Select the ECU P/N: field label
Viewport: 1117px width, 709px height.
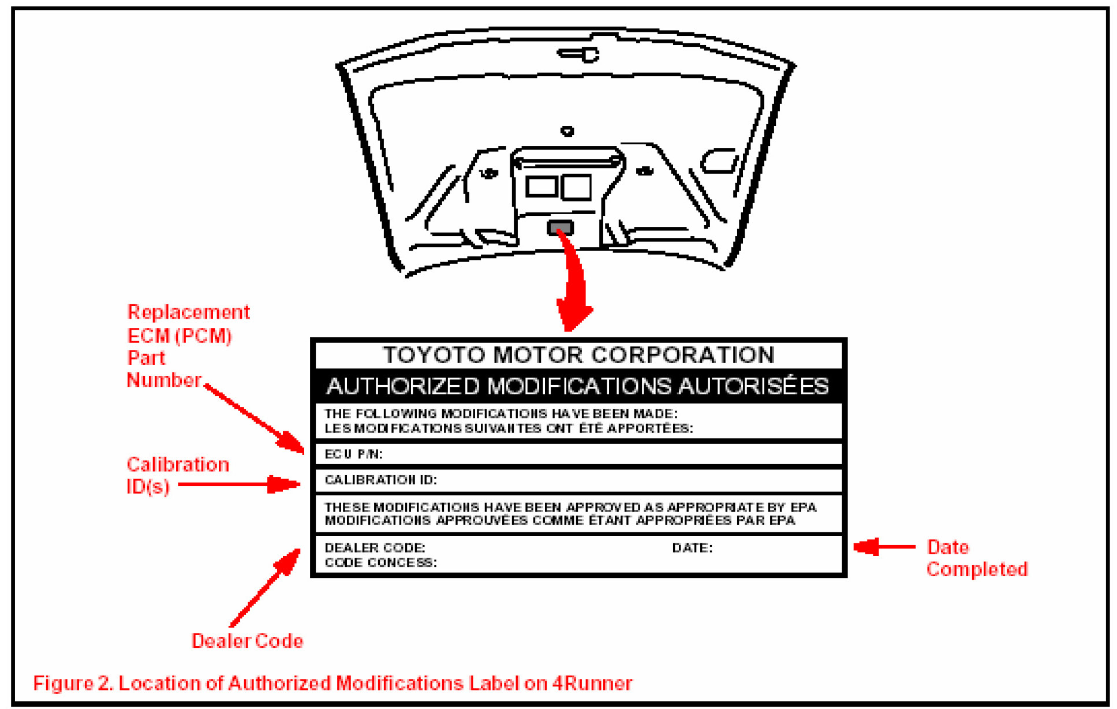353,454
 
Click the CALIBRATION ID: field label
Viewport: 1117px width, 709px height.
380,480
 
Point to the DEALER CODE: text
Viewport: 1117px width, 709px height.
375,547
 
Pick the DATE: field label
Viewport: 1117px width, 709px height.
692,547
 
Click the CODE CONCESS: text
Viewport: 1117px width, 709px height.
380,562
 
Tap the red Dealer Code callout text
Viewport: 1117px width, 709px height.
247,641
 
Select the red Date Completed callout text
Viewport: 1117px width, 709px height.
976,558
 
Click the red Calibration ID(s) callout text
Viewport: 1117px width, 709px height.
177,475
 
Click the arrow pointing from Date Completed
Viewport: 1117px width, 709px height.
883,546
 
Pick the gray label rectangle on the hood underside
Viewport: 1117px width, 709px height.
560,227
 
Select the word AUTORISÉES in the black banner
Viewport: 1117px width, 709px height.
753,386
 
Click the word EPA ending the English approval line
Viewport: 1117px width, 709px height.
803,507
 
